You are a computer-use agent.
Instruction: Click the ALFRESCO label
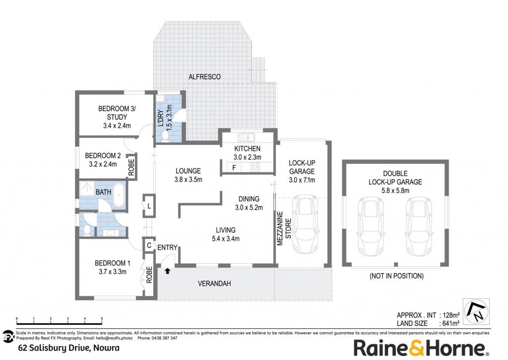coord(204,77)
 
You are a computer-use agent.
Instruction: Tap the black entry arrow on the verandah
coord(168,271)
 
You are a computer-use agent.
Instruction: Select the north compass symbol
coord(476,312)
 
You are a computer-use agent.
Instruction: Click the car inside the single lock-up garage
coord(305,224)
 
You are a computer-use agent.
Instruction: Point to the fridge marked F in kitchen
coord(234,168)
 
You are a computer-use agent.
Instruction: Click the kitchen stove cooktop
coord(255,167)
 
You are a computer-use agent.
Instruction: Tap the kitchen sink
coord(246,137)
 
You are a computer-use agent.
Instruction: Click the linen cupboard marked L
coord(149,206)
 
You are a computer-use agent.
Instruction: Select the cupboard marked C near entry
coord(149,245)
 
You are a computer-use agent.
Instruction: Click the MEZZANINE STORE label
coord(284,228)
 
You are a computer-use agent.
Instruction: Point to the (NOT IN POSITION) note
coord(396,276)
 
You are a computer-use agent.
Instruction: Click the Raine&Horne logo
coord(421,348)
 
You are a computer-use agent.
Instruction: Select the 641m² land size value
coord(449,323)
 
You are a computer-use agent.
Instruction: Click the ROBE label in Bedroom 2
coord(131,167)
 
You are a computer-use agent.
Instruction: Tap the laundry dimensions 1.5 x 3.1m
coord(169,116)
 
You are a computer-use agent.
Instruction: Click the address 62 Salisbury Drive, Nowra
coord(69,348)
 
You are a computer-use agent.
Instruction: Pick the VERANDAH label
coord(214,284)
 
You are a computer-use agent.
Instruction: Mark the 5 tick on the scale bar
coord(102,321)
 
